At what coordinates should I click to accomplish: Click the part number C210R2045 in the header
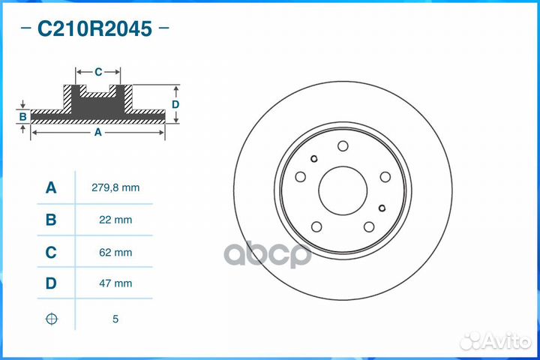tap(95, 29)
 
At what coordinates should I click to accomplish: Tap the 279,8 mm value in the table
tap(115, 188)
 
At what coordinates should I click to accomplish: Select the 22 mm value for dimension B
tap(115, 220)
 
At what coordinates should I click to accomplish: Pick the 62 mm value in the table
tap(115, 253)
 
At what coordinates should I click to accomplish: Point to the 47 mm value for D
tap(115, 284)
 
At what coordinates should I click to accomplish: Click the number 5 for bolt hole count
tap(115, 319)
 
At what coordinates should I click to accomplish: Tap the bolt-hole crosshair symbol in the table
tap(51, 319)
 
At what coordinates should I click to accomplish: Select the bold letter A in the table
tap(51, 188)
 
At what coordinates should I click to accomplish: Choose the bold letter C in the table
tap(51, 253)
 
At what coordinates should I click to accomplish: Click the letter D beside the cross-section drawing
tap(175, 104)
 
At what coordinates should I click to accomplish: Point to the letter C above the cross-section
tap(98, 72)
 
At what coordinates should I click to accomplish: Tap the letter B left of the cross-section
tap(23, 117)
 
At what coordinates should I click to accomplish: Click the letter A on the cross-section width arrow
tap(97, 132)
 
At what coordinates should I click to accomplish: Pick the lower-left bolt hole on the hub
tap(316, 226)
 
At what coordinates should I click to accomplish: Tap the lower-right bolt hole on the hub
tap(369, 226)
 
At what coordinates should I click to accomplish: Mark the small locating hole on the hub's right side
tap(382, 208)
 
